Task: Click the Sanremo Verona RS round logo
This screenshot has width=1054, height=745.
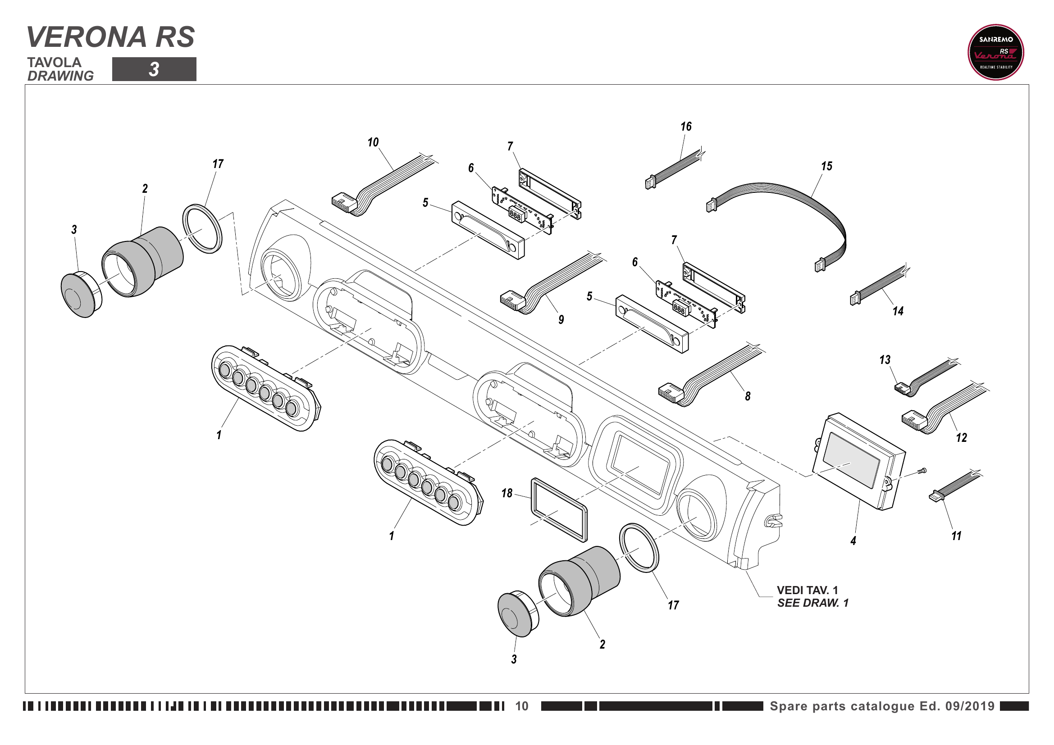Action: pyautogui.click(x=995, y=52)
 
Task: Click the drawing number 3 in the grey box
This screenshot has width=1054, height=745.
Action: pyautogui.click(x=154, y=70)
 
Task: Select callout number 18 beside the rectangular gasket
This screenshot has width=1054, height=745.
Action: pyautogui.click(x=506, y=493)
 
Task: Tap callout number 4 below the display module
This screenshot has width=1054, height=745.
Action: pyautogui.click(x=853, y=541)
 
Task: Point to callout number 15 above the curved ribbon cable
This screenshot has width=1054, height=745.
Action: pyautogui.click(x=826, y=166)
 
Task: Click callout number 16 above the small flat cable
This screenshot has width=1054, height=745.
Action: pyautogui.click(x=686, y=127)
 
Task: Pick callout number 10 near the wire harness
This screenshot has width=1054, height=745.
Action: pyautogui.click(x=373, y=143)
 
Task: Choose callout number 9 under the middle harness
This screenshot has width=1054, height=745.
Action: pyautogui.click(x=561, y=320)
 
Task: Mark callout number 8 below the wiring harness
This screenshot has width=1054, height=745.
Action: pyautogui.click(x=747, y=396)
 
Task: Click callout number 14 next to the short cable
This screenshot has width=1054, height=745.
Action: pyautogui.click(x=898, y=312)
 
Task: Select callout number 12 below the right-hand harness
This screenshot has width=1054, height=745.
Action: pyautogui.click(x=961, y=438)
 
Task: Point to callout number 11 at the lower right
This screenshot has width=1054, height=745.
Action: pyautogui.click(x=956, y=536)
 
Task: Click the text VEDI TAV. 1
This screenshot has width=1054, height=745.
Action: pyautogui.click(x=807, y=590)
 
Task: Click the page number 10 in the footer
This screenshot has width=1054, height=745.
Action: pyautogui.click(x=521, y=706)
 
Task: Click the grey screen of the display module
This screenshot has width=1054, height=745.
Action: pyautogui.click(x=851, y=460)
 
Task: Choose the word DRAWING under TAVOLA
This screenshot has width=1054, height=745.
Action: pyautogui.click(x=60, y=76)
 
